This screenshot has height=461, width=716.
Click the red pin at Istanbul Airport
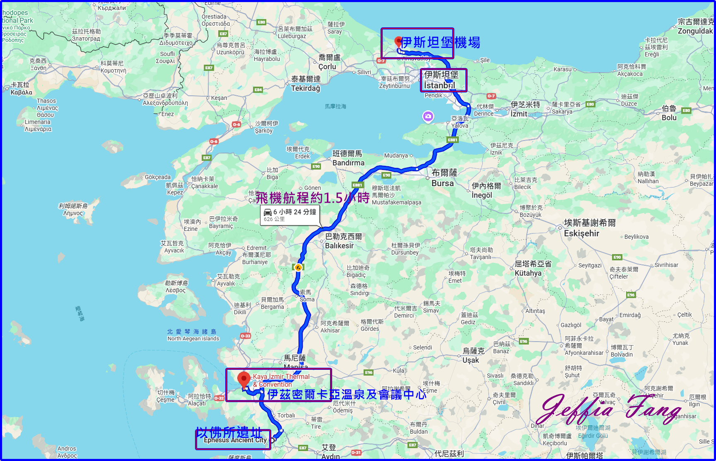[x=398, y=41]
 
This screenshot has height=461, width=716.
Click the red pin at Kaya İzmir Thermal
[x=244, y=378]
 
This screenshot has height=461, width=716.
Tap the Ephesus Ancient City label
[x=235, y=440]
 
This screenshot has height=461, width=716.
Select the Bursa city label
[x=443, y=183]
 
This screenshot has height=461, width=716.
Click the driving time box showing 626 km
[x=290, y=215]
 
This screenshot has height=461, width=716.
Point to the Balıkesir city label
[x=339, y=245]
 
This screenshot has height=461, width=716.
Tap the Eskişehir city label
[x=581, y=233]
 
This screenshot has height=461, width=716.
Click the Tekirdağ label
[x=306, y=88]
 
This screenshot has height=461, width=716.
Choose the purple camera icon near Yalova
[x=428, y=116]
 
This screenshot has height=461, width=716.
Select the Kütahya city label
[x=528, y=273]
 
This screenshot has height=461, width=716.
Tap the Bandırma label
[x=348, y=163]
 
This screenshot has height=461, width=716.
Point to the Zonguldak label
[x=695, y=31]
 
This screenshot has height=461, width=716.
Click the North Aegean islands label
[x=193, y=339]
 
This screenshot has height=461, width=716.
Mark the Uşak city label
[x=470, y=360]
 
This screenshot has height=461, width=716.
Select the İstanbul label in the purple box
[x=439, y=85]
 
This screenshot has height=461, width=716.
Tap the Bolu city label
[x=669, y=117]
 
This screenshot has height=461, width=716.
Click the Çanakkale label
[x=204, y=186]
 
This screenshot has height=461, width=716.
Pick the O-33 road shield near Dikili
[x=246, y=336]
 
